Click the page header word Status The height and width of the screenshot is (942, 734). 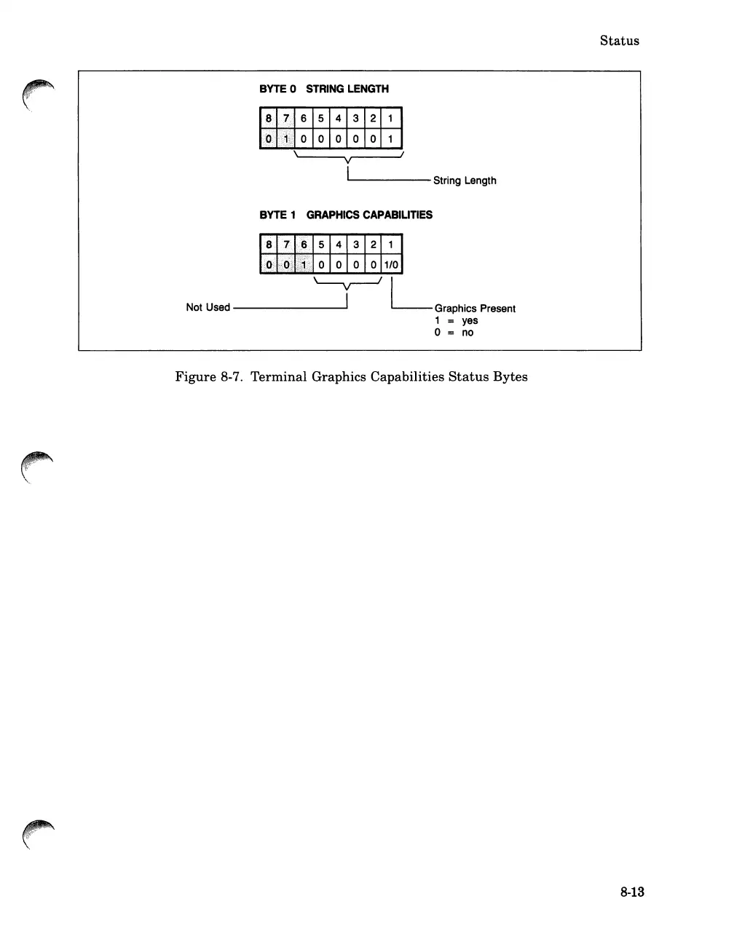[619, 41]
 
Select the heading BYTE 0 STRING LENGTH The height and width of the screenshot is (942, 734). [324, 89]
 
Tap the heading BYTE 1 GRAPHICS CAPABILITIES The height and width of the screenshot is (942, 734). [346, 215]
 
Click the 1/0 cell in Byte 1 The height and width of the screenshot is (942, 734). [391, 264]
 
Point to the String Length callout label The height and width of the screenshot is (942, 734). [465, 181]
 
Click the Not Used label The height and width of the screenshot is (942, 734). [208, 307]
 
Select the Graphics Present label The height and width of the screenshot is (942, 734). [475, 309]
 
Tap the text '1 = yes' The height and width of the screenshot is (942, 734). [457, 320]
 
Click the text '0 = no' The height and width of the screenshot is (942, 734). [454, 333]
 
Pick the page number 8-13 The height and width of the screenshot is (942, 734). [632, 892]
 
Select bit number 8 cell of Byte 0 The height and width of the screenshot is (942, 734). [269, 119]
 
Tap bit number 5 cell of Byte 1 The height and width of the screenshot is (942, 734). [321, 245]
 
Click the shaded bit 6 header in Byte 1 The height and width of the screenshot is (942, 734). [304, 245]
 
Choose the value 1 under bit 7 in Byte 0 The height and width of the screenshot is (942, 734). [286, 138]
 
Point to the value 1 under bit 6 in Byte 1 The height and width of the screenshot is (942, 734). [304, 264]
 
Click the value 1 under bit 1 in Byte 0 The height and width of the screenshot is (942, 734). [391, 138]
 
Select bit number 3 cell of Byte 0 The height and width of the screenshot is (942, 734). [356, 119]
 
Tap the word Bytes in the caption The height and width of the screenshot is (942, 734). [510, 377]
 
